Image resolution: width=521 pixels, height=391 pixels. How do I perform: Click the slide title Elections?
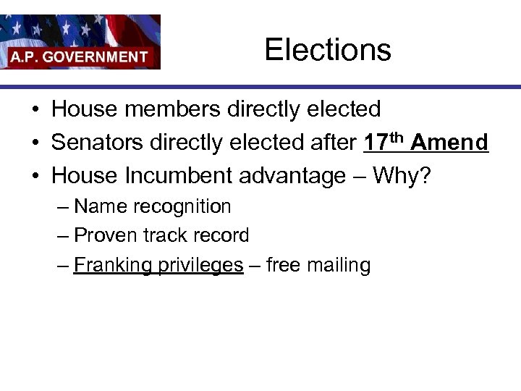coord(327,50)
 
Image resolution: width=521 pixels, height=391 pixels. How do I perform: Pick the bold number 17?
coord(376,143)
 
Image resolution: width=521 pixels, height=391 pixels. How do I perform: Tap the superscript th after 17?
coord(397,137)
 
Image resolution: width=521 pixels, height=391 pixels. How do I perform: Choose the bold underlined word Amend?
coord(449,143)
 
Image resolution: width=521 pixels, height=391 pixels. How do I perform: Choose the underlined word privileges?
coord(200,266)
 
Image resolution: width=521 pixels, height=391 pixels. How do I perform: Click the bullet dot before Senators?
coord(35,143)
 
